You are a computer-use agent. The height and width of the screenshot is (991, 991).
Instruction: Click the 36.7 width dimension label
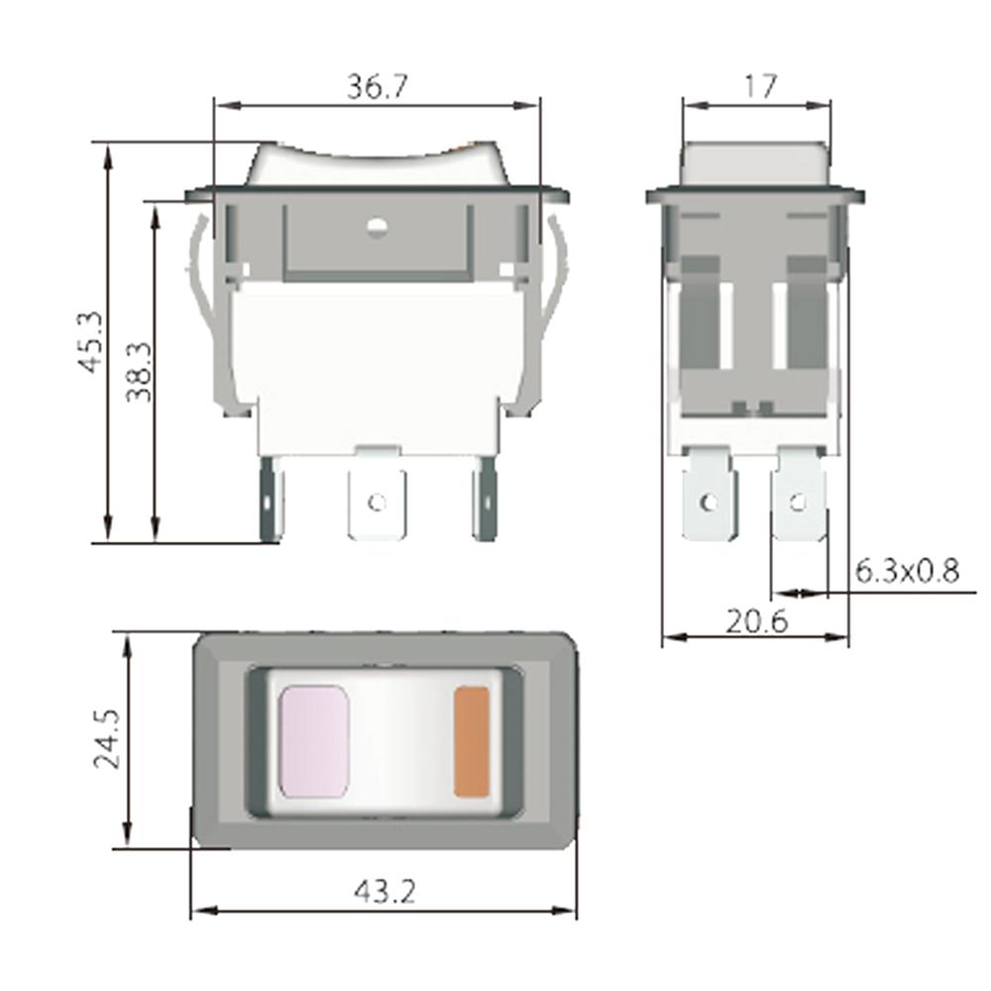point(377,87)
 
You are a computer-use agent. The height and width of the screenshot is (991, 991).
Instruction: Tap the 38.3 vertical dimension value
point(139,371)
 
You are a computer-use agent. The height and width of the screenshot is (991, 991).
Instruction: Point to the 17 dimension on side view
point(758,87)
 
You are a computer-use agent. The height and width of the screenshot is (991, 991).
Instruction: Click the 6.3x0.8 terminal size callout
point(907,572)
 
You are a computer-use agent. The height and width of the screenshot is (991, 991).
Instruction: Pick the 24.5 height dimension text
point(107,738)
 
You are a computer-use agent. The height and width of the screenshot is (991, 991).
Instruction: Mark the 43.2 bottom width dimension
point(384,892)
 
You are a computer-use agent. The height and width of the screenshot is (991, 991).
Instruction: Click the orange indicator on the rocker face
point(472,741)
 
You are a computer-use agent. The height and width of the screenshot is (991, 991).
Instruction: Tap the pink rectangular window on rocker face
point(314,740)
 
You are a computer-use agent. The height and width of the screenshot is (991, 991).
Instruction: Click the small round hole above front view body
point(376,230)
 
